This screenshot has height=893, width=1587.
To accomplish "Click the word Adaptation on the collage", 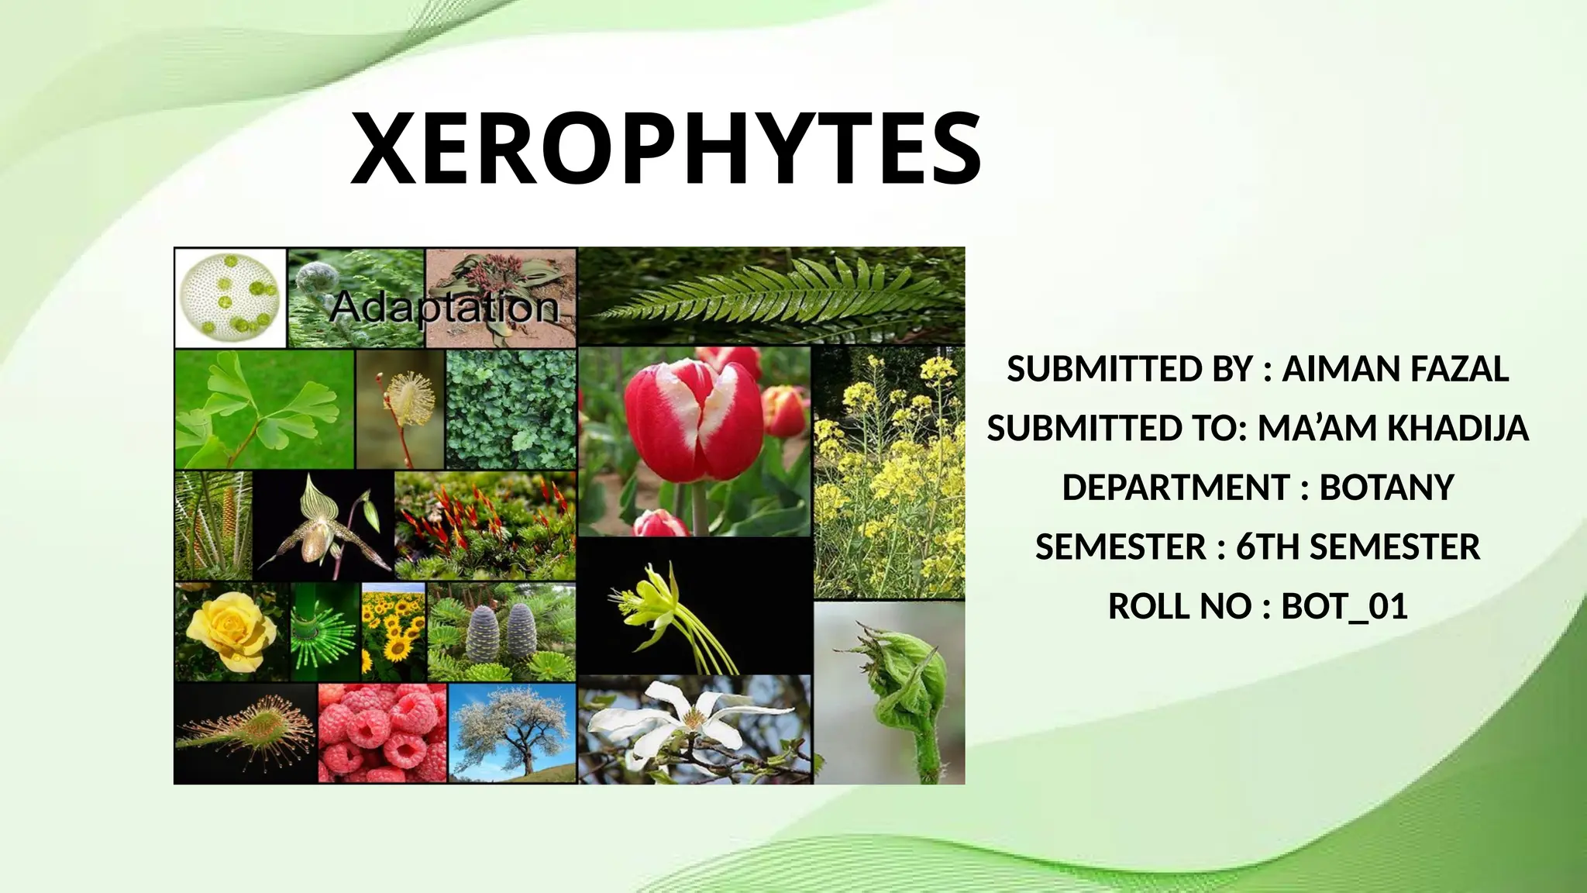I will (x=444, y=308).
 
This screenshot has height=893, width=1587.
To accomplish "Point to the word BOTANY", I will (x=1386, y=488).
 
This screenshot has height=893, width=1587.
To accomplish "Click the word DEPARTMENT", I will (x=1175, y=488).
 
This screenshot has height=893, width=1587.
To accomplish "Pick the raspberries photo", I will (x=382, y=733).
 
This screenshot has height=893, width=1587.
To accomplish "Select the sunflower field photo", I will (x=394, y=631).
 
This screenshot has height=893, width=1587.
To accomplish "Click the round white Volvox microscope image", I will (x=229, y=297).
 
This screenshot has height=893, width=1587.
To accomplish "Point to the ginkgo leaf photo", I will (x=263, y=409).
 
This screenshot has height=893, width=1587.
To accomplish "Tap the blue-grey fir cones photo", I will (x=501, y=632).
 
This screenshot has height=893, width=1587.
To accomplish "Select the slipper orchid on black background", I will (x=323, y=526).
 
